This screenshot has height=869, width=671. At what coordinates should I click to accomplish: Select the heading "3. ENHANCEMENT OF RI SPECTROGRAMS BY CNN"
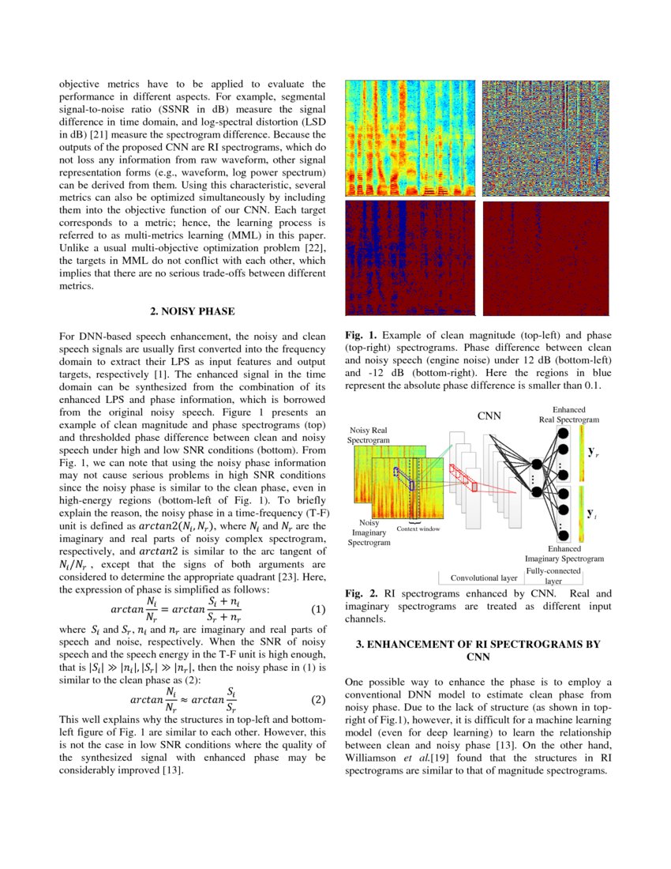pos(478,650)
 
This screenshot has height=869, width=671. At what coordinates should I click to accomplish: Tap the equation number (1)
pos(318,610)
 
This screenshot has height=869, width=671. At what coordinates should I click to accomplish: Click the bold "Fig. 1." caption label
pos(360,335)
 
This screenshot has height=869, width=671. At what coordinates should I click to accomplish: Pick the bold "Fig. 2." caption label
pos(360,593)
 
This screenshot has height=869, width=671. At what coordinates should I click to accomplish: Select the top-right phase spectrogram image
pos(546,138)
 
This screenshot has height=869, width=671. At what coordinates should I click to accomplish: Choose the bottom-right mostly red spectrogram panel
pos(546,258)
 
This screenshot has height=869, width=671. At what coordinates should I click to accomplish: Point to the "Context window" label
pos(418,529)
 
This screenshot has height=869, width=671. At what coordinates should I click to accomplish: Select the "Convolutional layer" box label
pos(482,577)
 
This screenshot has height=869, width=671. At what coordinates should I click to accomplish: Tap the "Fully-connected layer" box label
pos(553,575)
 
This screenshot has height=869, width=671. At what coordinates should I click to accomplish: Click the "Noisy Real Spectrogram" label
pos(369,434)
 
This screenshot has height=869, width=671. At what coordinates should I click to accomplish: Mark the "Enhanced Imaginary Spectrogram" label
pos(564,553)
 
